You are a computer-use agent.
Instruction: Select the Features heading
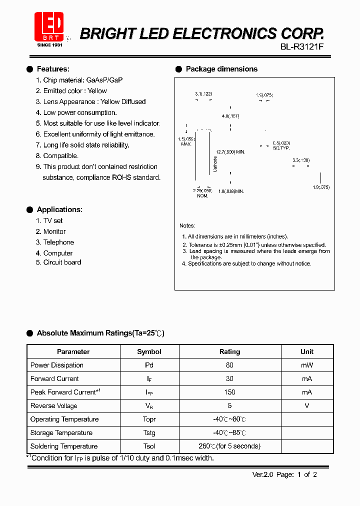[53, 69]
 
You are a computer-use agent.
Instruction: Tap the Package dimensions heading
[221, 69]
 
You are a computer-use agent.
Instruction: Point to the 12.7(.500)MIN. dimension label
[230, 151]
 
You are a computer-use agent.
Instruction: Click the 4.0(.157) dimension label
[230, 116]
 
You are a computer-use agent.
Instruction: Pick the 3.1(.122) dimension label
[203, 94]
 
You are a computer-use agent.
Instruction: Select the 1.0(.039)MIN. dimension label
[231, 191]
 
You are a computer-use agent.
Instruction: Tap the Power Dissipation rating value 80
[229, 365]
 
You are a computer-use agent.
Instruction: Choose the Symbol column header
[149, 351]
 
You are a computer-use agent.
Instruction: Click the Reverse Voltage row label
[53, 405]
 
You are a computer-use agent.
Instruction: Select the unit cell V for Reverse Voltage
[306, 405]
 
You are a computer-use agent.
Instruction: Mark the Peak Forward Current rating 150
[229, 392]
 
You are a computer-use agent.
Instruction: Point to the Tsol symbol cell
[149, 446]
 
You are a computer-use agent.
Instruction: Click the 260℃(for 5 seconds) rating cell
[229, 446]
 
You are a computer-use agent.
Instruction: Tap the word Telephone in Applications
[58, 242]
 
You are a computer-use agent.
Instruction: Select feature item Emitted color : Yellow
[75, 90]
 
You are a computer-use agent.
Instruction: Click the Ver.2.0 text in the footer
[263, 474]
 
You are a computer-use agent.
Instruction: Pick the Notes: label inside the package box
[187, 225]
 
